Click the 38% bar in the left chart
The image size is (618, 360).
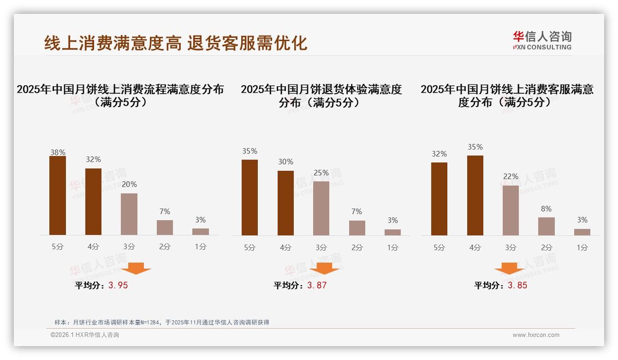tap(58, 196)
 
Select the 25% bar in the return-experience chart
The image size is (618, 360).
tap(321, 208)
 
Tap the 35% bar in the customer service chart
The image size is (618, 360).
tap(475, 195)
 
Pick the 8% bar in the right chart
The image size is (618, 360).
tap(546, 226)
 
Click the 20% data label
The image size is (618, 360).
tap(129, 184)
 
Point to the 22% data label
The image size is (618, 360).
tap(511, 176)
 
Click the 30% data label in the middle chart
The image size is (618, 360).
tap(285, 162)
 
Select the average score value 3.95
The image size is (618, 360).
tap(118, 285)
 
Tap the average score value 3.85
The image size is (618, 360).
tap(517, 285)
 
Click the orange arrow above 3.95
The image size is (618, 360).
tap(136, 268)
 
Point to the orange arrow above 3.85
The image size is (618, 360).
tap(509, 268)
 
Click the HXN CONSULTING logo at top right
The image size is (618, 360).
tap(542, 40)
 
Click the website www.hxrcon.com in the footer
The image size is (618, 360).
tap(536, 335)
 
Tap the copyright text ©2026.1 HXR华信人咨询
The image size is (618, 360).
tap(85, 335)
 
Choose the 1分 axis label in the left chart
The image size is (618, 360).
tap(201, 247)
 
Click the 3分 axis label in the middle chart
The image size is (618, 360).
tap(321, 247)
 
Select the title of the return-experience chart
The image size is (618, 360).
tap(321, 96)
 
